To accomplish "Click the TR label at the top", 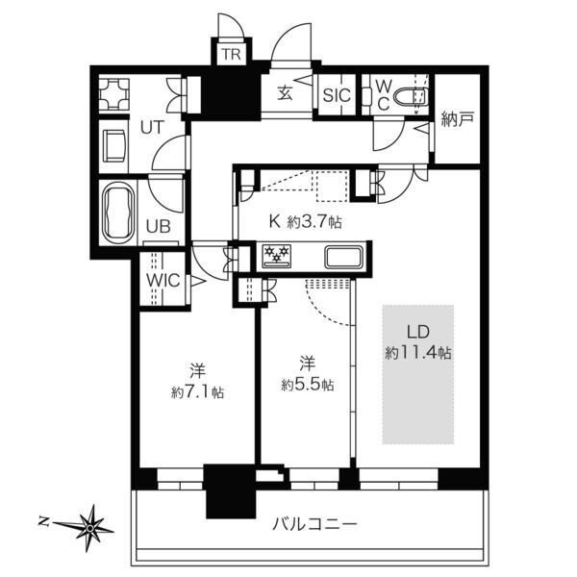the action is pyautogui.click(x=231, y=55).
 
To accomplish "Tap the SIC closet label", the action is pyautogui.click(x=337, y=95).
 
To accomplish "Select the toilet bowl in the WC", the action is pyautogui.click(x=411, y=97).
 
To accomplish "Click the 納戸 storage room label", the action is pyautogui.click(x=458, y=119).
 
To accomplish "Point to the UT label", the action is pyautogui.click(x=152, y=128).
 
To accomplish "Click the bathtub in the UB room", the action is pyautogui.click(x=118, y=212).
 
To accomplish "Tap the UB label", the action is pyautogui.click(x=159, y=226).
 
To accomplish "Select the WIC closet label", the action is pyautogui.click(x=163, y=281).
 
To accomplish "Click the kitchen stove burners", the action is pyautogui.click(x=276, y=255).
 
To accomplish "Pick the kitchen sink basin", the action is pyautogui.click(x=343, y=257).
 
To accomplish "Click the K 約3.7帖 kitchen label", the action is pyautogui.click(x=305, y=222).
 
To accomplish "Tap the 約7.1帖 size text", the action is pyautogui.click(x=197, y=392).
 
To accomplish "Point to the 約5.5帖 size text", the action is pyautogui.click(x=308, y=385).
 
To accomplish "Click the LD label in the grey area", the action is pyautogui.click(x=418, y=332).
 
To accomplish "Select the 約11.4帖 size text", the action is pyautogui.click(x=418, y=353).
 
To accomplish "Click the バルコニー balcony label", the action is pyautogui.click(x=314, y=523).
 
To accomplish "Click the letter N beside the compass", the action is pyautogui.click(x=44, y=520).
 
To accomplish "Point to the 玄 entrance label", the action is pyautogui.click(x=285, y=93).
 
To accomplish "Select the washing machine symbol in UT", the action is pyautogui.click(x=114, y=93).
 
